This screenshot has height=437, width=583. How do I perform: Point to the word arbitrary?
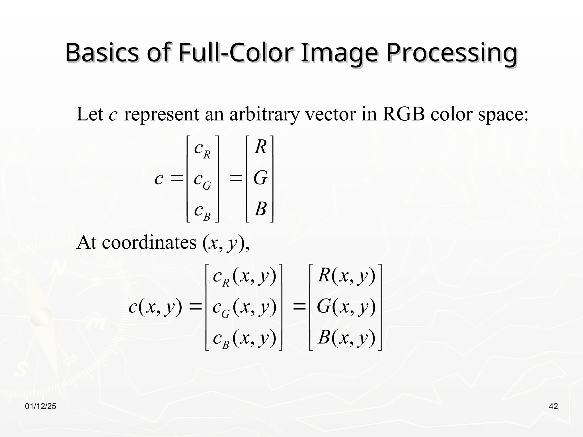(264, 114)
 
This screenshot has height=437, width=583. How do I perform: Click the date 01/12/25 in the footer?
(41, 406)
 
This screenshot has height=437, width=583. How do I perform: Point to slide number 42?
(553, 406)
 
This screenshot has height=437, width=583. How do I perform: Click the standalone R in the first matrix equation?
(260, 147)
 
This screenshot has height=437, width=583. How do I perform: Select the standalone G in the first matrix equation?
(260, 178)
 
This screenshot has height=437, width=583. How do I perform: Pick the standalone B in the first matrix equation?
(260, 209)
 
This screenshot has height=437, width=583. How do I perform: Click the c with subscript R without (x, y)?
(202, 149)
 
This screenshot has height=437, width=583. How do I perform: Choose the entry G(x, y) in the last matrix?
(346, 307)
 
